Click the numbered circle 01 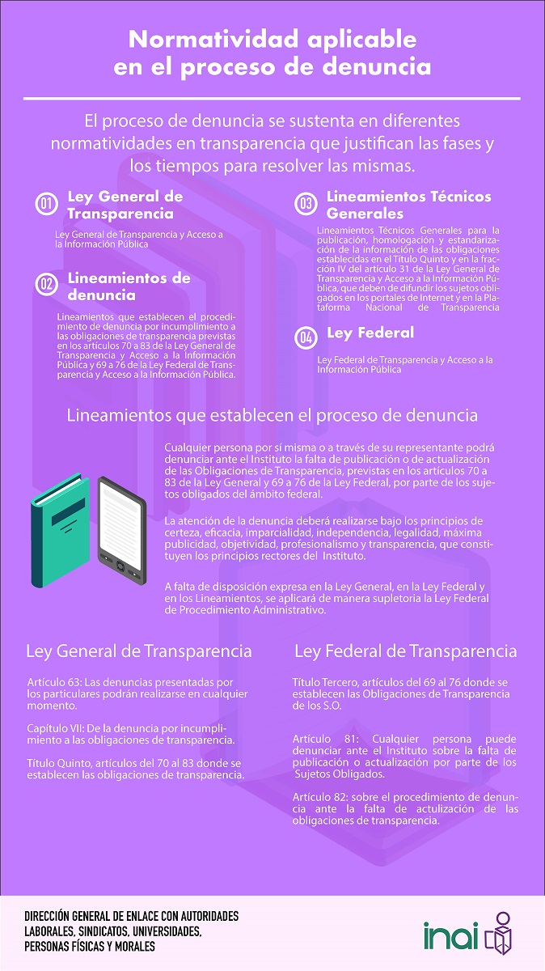click(x=47, y=204)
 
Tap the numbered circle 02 click(x=47, y=283)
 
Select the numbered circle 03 click(x=306, y=204)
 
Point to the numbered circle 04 click(x=306, y=337)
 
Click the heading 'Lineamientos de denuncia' click(x=129, y=286)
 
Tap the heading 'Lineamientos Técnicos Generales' click(x=408, y=205)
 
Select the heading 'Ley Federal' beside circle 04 click(x=370, y=333)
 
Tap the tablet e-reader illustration click(x=121, y=521)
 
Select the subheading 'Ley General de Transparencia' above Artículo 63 click(x=139, y=651)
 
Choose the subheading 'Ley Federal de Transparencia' click(x=405, y=651)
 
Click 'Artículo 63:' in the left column click(x=53, y=683)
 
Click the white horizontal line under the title click(x=272, y=99)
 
